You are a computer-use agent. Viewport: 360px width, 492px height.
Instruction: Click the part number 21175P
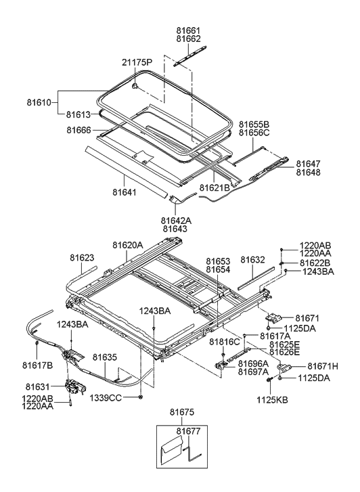[x=138, y=62]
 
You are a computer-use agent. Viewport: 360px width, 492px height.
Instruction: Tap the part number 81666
[x=80, y=129]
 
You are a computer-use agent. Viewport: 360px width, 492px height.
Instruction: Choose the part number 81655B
[x=254, y=125]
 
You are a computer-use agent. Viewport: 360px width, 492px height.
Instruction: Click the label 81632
[x=253, y=259]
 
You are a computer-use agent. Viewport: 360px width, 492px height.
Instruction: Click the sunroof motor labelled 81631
[x=74, y=388]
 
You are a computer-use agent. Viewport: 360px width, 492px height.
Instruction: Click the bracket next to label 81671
[x=275, y=317]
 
